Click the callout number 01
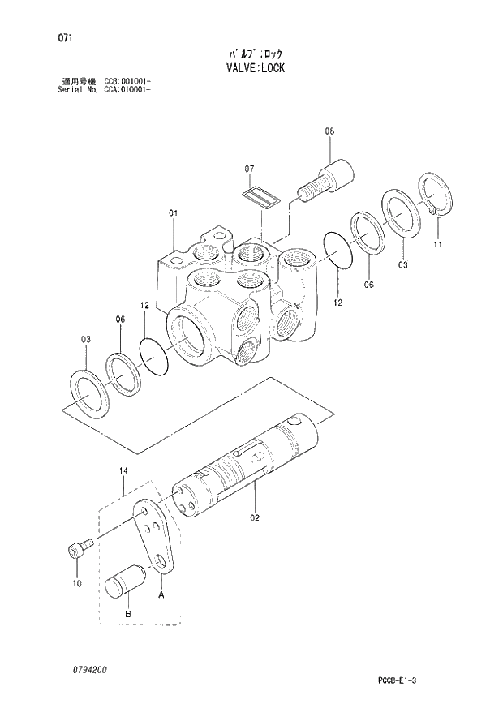point(173,213)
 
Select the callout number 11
point(438,244)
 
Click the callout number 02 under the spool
point(254,517)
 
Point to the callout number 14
point(123,470)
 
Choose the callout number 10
point(77,583)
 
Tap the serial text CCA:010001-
point(128,90)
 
